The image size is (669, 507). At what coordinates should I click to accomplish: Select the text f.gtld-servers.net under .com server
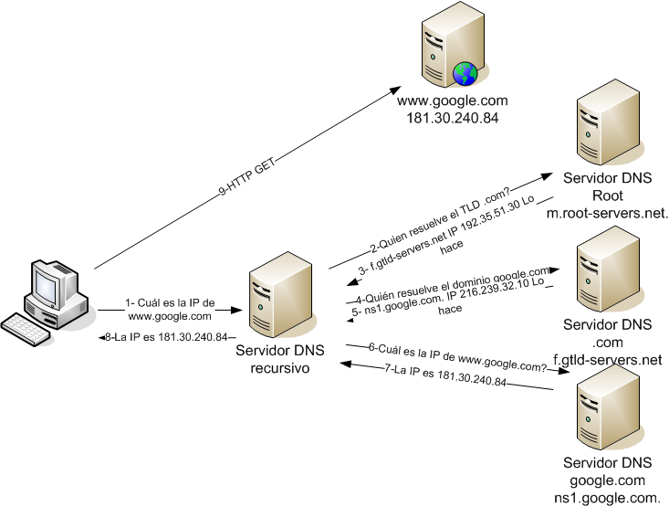(607, 360)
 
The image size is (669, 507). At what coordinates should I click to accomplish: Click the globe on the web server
(465, 71)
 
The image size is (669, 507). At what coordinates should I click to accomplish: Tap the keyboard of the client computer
(27, 324)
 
